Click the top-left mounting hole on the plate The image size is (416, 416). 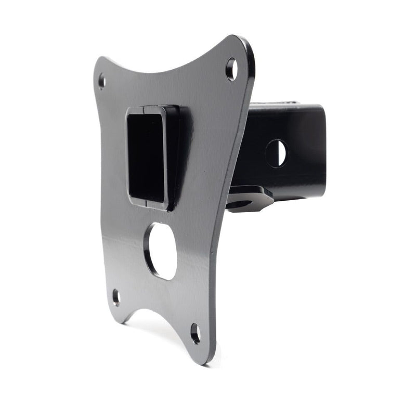coord(101,82)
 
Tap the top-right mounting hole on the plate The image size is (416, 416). coord(231,69)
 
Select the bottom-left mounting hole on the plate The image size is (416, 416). coord(116,297)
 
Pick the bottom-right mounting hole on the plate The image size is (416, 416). coord(196,333)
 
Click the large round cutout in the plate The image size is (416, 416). coord(161,251)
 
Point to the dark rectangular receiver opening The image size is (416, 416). coord(147,156)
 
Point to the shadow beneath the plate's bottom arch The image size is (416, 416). coord(156,328)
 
